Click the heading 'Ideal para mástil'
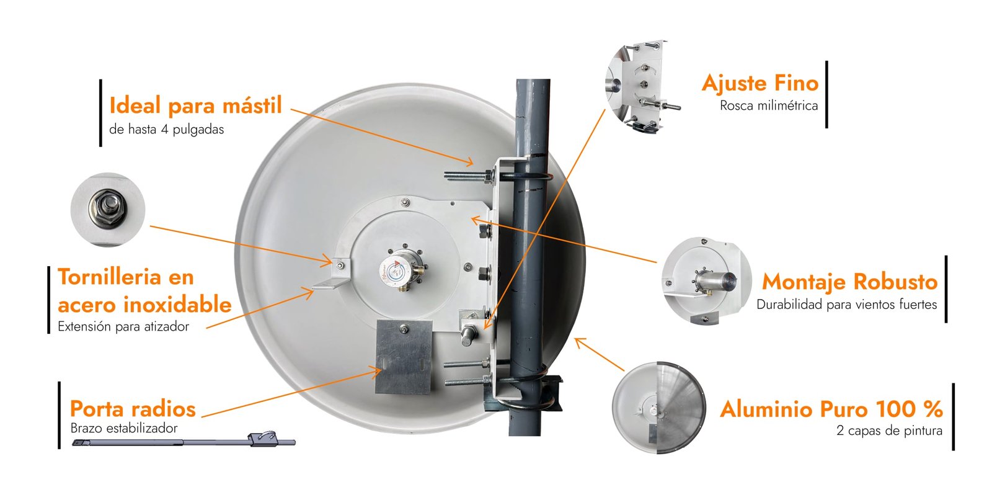195,106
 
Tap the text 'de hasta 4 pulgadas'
167,130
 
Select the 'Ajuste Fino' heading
760,83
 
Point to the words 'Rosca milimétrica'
769,105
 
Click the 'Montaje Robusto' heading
850,282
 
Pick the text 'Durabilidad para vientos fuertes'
847,305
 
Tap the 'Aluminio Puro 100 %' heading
831,409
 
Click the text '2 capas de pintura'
889,431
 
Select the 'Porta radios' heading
133,409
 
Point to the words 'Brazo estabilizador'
124,428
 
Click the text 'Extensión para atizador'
123,326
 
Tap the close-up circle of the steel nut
108,210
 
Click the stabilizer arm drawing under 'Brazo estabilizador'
184,440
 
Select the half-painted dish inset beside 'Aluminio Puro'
658,408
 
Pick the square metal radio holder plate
404,357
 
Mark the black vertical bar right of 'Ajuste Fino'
826,94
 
